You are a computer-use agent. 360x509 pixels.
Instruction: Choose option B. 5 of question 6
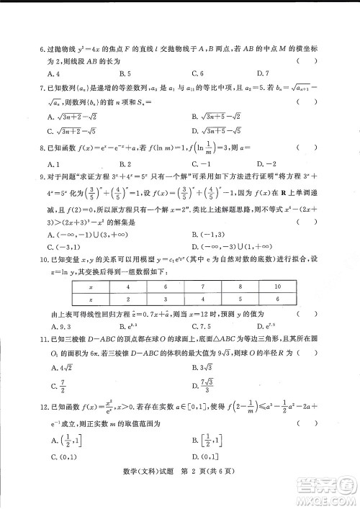click(x=125, y=73)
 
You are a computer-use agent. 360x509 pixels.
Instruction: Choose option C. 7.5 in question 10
click(x=202, y=326)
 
